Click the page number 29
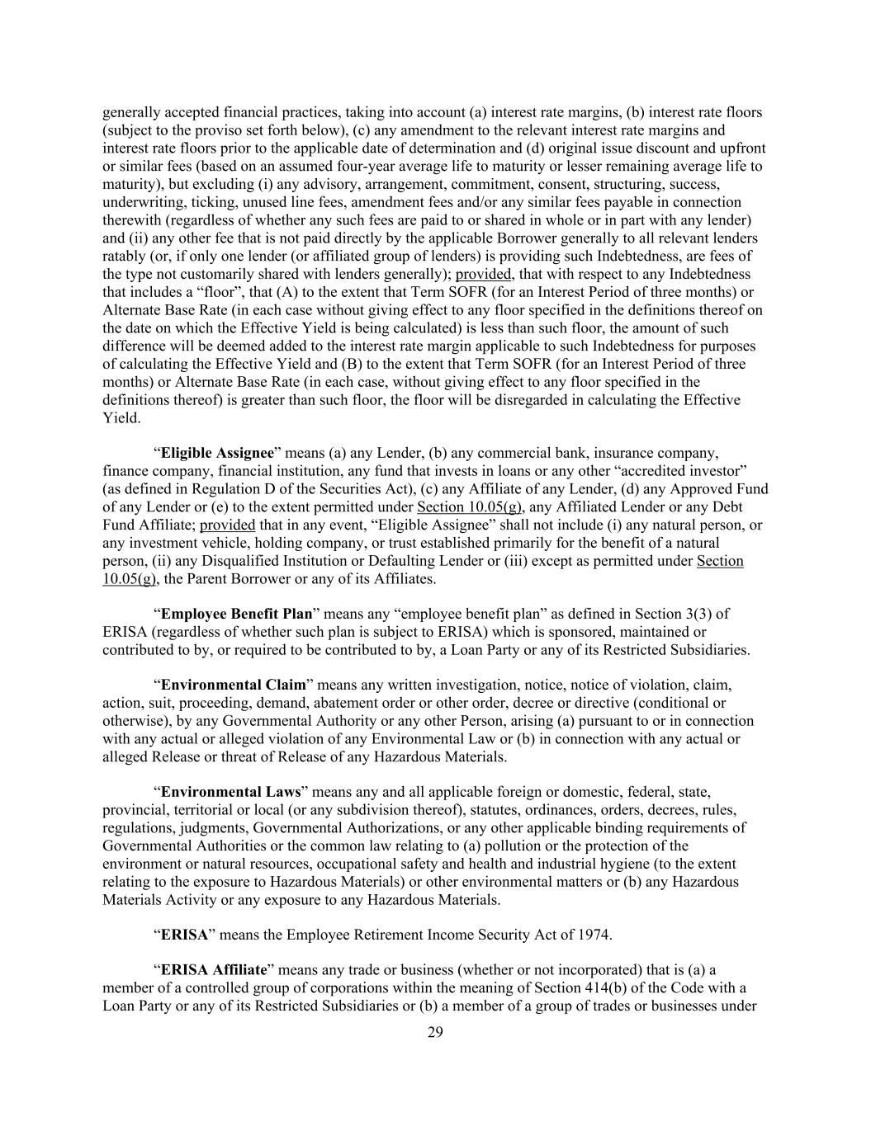435,1032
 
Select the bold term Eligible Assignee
216,453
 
